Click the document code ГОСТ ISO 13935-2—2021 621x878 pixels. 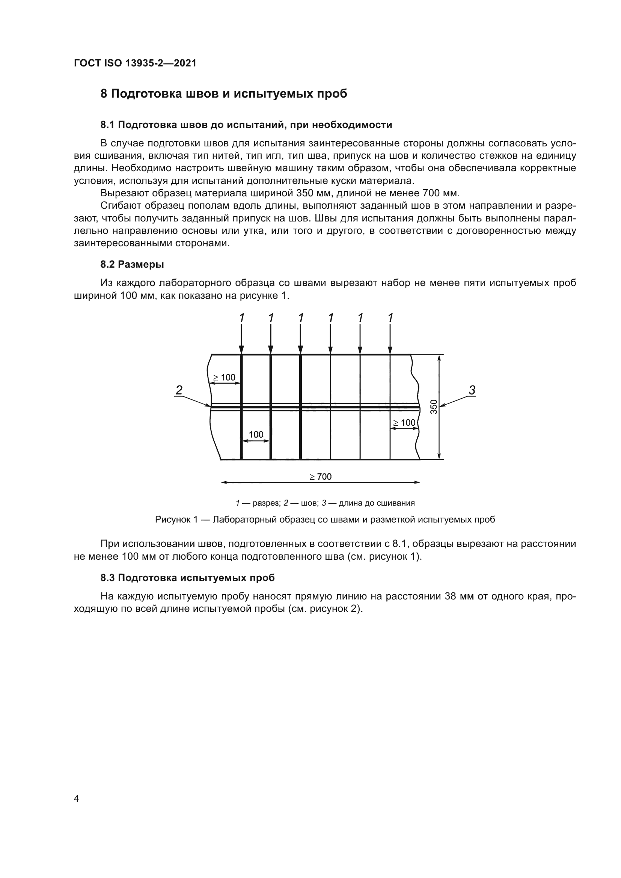[x=135, y=63]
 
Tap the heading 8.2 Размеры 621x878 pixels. [x=132, y=264]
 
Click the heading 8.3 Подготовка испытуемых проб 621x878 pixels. [x=187, y=578]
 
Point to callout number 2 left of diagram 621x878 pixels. [x=179, y=390]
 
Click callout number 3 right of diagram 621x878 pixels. [x=472, y=390]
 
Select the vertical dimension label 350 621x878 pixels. [x=434, y=407]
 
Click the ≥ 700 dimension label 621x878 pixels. [x=320, y=476]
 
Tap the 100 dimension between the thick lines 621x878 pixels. [x=256, y=434]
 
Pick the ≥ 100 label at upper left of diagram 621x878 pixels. [x=224, y=377]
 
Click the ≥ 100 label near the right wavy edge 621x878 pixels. [x=404, y=423]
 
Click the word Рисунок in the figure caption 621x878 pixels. [x=173, y=520]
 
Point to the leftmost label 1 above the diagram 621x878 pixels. [x=241, y=318]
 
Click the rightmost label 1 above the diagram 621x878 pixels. [x=390, y=318]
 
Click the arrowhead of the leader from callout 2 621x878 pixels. [x=209, y=405]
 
